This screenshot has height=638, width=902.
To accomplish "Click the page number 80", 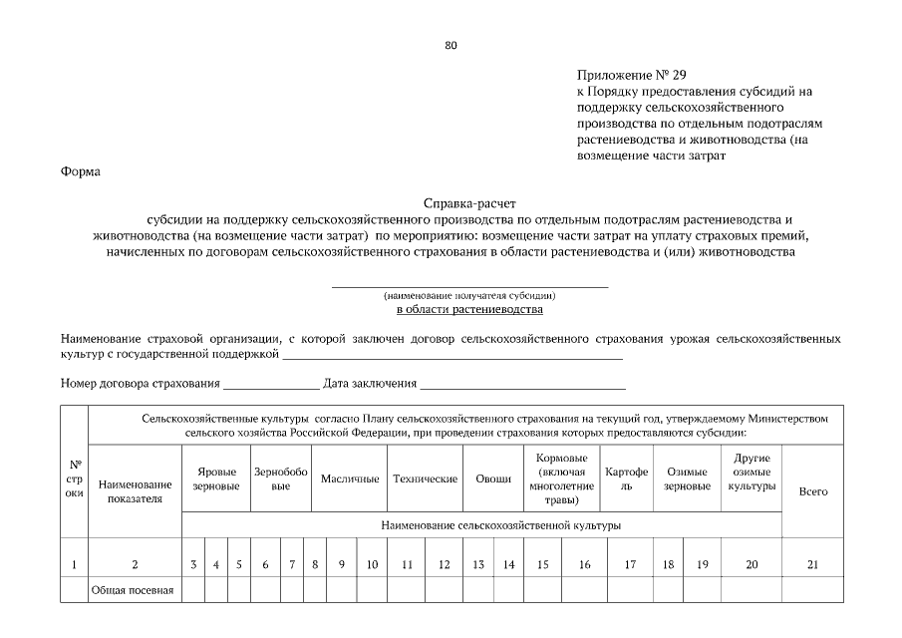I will point(451,46).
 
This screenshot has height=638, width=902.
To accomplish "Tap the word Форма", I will point(80,171).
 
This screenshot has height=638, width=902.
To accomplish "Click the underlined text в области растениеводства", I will point(469,310).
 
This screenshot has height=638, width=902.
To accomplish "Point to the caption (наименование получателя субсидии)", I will point(469,296).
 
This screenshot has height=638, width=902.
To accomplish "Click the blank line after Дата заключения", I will point(522,384).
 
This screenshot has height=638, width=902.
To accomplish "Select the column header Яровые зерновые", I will point(216,478).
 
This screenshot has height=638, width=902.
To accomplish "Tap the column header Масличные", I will point(350,478).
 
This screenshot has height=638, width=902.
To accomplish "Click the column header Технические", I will point(425,478).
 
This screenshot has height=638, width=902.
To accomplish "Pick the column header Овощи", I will point(493,478).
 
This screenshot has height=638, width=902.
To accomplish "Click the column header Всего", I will point(813,492).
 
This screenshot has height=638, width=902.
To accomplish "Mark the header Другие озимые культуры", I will point(752,471).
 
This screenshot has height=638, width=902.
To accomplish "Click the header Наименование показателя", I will point(136,491).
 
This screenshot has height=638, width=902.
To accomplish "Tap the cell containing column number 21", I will point(813,564).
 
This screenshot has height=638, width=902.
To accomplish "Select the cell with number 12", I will point(444,564).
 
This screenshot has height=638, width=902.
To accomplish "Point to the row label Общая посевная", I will point(133,590).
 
